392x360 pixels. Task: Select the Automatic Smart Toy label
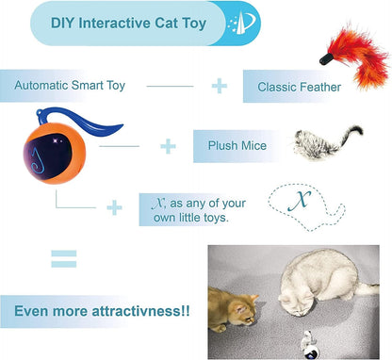[x=71, y=86]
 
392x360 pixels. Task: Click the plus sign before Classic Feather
[x=219, y=86]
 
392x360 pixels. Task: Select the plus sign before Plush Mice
[x=168, y=146]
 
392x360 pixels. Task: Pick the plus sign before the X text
[x=113, y=207]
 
